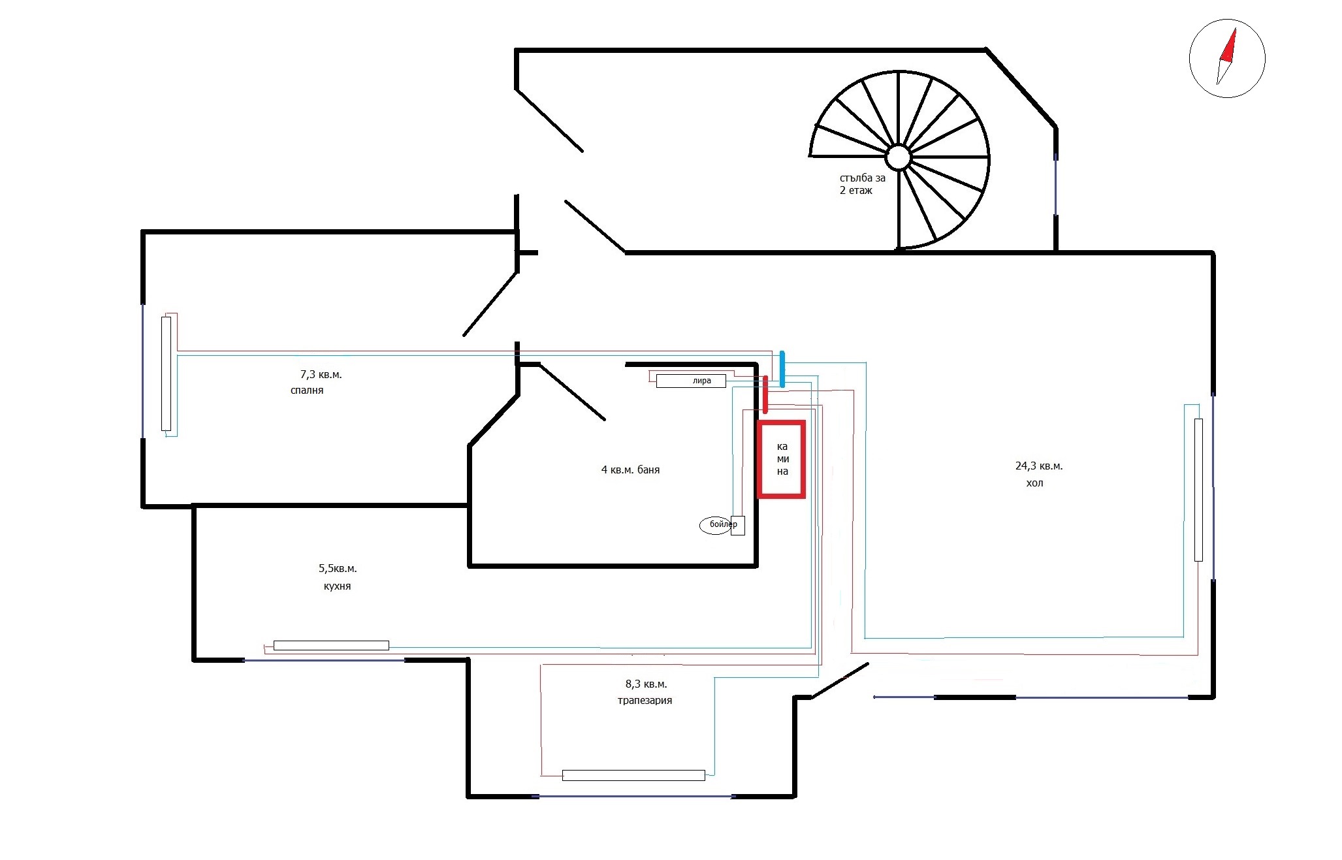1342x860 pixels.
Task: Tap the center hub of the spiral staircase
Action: point(898,157)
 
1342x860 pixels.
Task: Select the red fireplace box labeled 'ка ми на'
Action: point(782,459)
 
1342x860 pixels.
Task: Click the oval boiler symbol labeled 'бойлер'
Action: point(716,524)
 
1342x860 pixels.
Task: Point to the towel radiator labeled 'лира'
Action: point(691,381)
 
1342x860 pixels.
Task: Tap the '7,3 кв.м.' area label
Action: point(321,375)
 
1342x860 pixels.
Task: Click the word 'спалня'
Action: point(307,390)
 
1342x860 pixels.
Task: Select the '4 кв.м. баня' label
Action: point(630,470)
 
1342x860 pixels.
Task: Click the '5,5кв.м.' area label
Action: point(338,569)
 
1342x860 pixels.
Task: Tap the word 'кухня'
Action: point(337,586)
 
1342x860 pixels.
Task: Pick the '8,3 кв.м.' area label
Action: point(646,684)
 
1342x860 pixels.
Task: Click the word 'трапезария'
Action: point(645,701)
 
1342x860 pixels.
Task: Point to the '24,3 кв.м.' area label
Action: point(1039,466)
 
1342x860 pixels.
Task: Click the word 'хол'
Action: point(1034,484)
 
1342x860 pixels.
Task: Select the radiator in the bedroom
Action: point(166,374)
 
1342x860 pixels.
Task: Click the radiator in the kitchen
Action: point(331,646)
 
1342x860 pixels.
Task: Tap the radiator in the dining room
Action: point(633,776)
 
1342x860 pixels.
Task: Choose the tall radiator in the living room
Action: point(1198,490)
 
